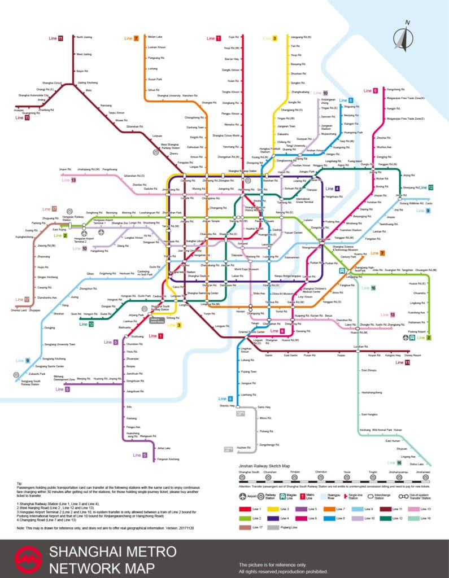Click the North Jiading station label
pos(84,37)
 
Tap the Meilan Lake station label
pos(155,37)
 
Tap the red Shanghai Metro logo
pos(28,559)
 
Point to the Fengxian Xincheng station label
pos(168,459)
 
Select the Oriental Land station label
pos(19,310)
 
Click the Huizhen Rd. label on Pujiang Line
pos(243,447)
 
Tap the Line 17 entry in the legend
pos(251,527)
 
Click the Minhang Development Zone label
pos(60,378)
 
